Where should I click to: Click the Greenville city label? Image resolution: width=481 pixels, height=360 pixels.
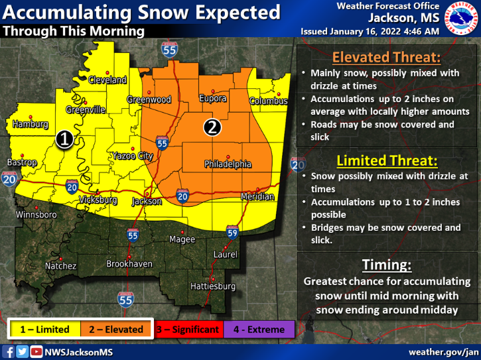[85, 110]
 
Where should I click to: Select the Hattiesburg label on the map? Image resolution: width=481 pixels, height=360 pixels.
[213, 286]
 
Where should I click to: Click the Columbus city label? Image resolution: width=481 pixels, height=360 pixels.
[269, 101]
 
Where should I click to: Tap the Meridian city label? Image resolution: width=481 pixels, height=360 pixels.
[257, 197]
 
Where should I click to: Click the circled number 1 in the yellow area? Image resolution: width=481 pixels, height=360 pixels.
[64, 139]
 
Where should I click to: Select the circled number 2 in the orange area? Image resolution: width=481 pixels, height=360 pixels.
[212, 127]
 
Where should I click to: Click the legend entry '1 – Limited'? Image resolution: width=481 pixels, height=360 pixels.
[44, 330]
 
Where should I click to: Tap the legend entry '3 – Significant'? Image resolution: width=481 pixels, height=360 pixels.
[188, 330]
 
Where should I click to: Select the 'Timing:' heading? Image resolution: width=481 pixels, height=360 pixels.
[387, 265]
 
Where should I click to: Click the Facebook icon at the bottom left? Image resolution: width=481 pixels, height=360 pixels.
[9, 352]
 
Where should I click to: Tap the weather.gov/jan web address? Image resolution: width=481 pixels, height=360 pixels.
[443, 351]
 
